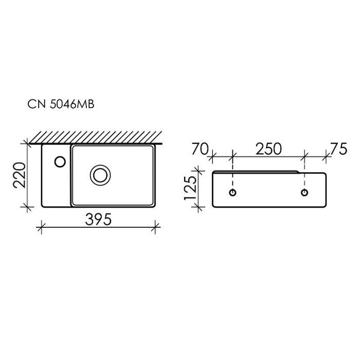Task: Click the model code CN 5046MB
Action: pyautogui.click(x=60, y=105)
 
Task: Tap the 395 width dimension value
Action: pyautogui.click(x=98, y=220)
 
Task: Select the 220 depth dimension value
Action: pyautogui.click(x=19, y=175)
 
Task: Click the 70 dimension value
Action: pyautogui.click(x=199, y=149)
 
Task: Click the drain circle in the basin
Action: pyautogui.click(x=100, y=175)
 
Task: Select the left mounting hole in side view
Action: pyautogui.click(x=233, y=193)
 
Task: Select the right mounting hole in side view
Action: pyautogui.click(x=304, y=193)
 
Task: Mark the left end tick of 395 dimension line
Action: pyautogui.click(x=41, y=225)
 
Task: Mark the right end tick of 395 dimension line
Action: pyautogui.click(x=156, y=225)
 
